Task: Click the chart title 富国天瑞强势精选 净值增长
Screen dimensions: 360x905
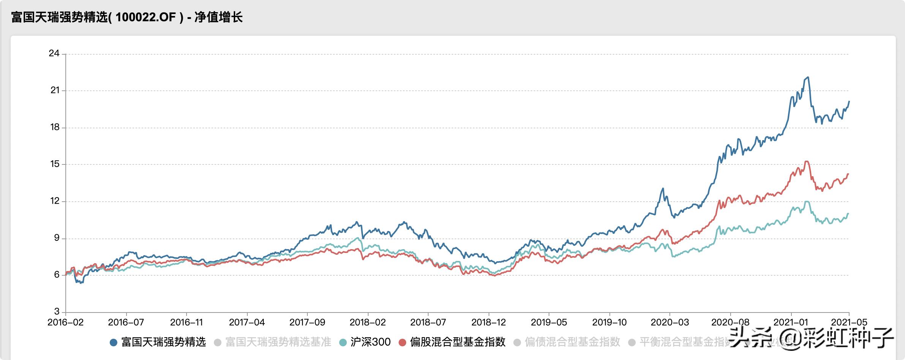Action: point(127,17)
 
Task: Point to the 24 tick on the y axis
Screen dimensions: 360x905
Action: point(54,53)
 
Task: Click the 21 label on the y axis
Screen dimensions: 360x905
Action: point(55,90)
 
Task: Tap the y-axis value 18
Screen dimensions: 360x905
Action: point(55,127)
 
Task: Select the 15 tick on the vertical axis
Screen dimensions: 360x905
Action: point(55,164)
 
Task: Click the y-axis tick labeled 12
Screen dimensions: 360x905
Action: point(55,201)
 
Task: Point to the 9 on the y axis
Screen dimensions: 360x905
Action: point(57,238)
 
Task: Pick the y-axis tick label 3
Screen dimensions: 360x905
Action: point(57,312)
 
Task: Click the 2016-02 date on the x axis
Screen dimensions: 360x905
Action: point(65,322)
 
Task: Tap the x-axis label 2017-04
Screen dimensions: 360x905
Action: point(247,322)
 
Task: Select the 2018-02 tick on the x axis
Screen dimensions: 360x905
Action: point(367,322)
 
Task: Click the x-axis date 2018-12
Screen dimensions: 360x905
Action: point(489,322)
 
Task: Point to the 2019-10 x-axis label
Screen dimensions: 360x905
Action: point(609,322)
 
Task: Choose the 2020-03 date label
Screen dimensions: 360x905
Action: point(670,322)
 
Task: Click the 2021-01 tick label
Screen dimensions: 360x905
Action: point(791,322)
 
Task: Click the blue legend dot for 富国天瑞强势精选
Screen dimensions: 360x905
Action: point(113,343)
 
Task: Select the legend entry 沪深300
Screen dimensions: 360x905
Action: point(370,342)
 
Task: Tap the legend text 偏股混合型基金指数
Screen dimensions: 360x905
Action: point(457,342)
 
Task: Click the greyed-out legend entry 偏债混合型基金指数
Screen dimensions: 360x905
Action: point(572,342)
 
